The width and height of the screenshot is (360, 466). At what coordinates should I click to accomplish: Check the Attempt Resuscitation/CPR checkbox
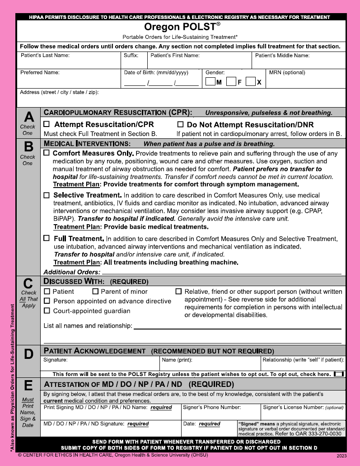(x=47, y=124)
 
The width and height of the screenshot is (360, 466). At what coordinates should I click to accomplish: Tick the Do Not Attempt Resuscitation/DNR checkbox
(x=180, y=124)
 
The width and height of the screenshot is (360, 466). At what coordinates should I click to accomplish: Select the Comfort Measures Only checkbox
(x=47, y=153)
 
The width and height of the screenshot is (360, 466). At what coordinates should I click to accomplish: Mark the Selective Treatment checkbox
(x=47, y=195)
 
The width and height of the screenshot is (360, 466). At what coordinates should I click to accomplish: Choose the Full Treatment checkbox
(x=47, y=238)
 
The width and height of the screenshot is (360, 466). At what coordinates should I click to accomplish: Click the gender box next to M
(x=210, y=82)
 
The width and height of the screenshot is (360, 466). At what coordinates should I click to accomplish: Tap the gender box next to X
(x=251, y=82)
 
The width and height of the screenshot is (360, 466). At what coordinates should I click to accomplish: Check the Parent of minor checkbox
(x=95, y=292)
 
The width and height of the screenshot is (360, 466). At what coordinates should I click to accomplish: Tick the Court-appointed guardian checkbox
(x=47, y=311)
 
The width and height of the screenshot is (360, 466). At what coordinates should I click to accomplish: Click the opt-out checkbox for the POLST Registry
(x=339, y=374)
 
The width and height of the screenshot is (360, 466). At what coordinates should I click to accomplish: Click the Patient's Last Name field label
(x=45, y=56)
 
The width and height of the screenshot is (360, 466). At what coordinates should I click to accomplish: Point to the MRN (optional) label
(x=287, y=72)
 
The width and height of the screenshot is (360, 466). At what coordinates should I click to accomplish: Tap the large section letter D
(x=28, y=355)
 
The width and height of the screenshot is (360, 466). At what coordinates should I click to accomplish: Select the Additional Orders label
(x=72, y=272)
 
